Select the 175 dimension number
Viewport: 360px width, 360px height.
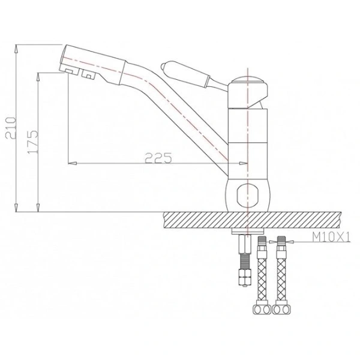click(34, 142)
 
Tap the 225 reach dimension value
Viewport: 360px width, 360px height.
click(159, 158)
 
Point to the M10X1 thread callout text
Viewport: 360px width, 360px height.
click(329, 239)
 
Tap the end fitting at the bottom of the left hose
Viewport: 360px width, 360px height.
click(261, 310)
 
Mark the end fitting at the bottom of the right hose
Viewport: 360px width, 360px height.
click(280, 310)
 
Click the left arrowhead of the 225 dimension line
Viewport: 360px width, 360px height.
click(73, 163)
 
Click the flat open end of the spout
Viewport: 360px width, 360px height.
click(61, 59)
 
